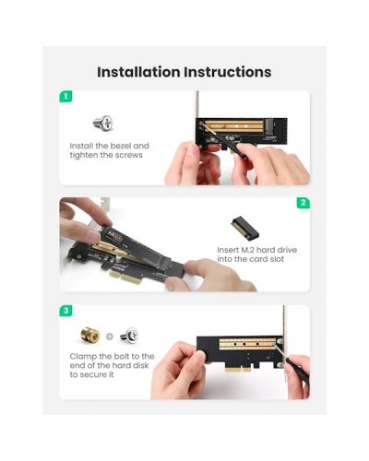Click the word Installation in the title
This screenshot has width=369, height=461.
(x=138, y=72)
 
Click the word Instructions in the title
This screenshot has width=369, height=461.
(x=228, y=72)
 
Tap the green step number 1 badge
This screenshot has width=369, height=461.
(x=65, y=97)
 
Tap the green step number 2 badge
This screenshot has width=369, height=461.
(x=304, y=203)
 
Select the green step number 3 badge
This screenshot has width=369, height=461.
(x=65, y=311)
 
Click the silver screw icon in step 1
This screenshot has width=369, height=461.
(x=103, y=123)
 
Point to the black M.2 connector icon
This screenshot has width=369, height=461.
(x=245, y=228)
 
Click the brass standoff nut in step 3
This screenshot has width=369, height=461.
(x=90, y=335)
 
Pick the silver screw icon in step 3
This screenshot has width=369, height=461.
(x=129, y=335)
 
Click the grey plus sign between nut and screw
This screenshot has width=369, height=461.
(x=110, y=337)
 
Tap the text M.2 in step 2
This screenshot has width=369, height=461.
(x=247, y=250)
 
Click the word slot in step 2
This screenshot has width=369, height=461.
(x=277, y=259)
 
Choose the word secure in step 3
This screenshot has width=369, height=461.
(x=96, y=375)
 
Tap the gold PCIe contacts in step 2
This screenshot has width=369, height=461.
(x=126, y=277)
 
